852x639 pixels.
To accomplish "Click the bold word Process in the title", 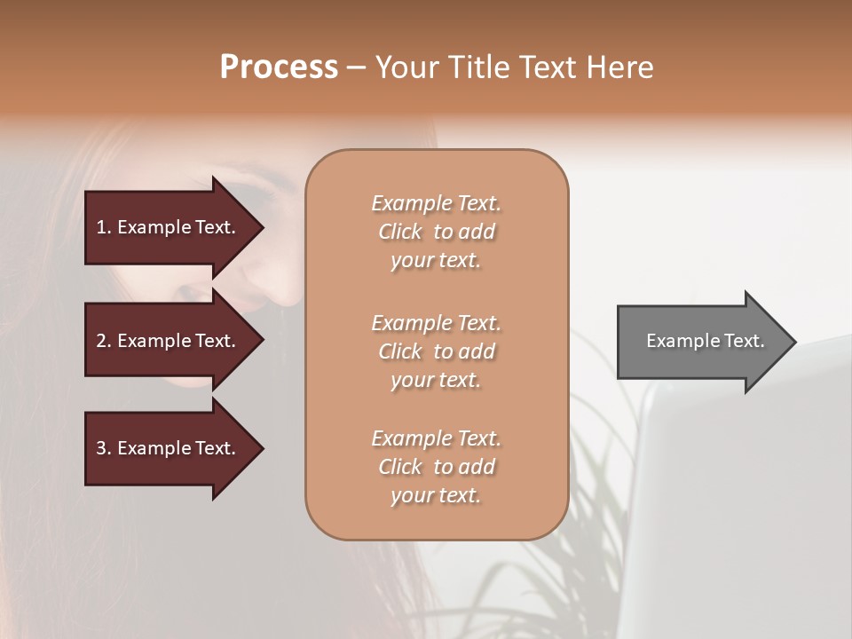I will pos(279,67).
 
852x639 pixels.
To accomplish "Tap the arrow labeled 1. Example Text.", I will pos(169,227).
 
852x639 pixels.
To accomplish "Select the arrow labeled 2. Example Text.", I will pos(169,341).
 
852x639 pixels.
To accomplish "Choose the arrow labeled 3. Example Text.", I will pos(169,448).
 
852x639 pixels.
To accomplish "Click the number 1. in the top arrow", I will pos(104,227).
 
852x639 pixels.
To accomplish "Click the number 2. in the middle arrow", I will pos(104,341).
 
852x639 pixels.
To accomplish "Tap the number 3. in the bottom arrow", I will pos(104,448).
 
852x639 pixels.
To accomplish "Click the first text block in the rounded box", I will pos(436,232).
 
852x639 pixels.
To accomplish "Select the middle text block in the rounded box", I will pos(436,351).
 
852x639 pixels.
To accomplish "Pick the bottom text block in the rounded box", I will pos(436,467).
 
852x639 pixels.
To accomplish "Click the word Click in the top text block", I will pos(400,232).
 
